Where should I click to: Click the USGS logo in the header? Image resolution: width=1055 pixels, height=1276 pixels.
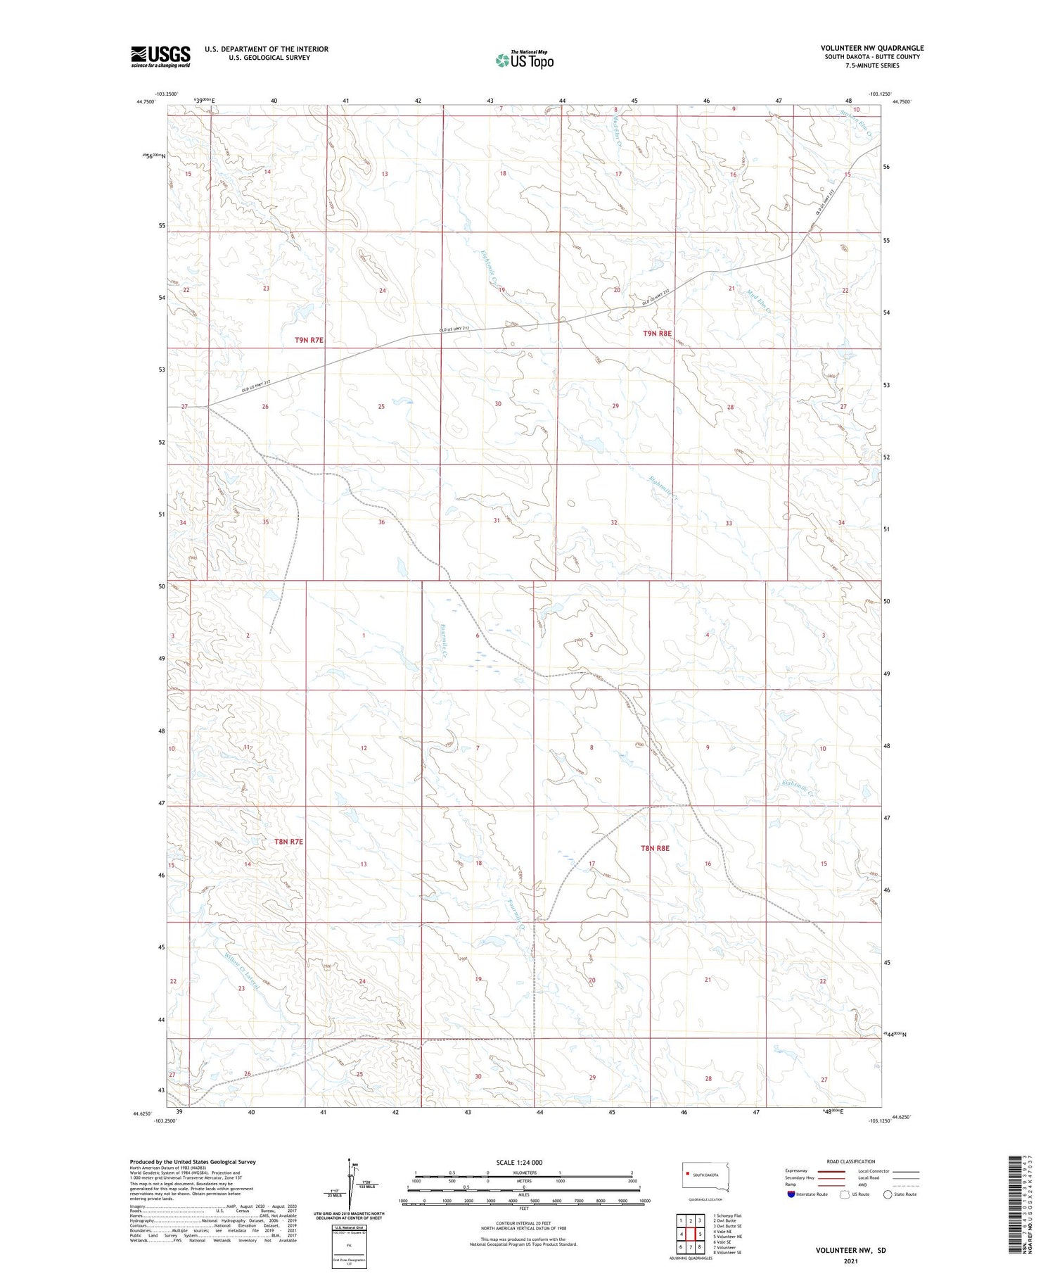pyautogui.click(x=160, y=56)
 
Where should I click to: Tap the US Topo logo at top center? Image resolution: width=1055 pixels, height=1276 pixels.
pyautogui.click(x=525, y=61)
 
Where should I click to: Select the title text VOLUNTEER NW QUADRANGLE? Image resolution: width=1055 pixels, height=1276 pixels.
pyautogui.click(x=872, y=48)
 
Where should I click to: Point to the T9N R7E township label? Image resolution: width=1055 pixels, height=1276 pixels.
pyautogui.click(x=309, y=340)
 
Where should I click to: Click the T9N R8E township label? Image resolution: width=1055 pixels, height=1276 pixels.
pyautogui.click(x=657, y=334)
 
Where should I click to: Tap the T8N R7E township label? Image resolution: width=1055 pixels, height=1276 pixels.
pyautogui.click(x=288, y=842)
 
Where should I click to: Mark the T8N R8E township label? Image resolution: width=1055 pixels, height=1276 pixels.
pyautogui.click(x=654, y=849)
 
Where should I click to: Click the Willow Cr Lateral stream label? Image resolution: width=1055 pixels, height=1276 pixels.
pyautogui.click(x=242, y=972)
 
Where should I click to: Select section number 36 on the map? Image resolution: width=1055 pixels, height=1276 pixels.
pyautogui.click(x=381, y=522)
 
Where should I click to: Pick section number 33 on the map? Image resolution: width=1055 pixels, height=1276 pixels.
pyautogui.click(x=729, y=523)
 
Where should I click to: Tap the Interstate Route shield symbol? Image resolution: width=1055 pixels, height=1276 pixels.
pyautogui.click(x=791, y=1194)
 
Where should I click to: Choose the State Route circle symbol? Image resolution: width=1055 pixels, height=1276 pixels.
pyautogui.click(x=888, y=1194)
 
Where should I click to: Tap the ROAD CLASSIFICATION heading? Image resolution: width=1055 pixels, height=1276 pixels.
pyautogui.click(x=851, y=1161)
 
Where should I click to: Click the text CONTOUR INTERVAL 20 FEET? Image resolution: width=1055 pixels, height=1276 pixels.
pyautogui.click(x=523, y=1224)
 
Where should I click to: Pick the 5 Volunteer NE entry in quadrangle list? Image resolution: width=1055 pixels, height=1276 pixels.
pyautogui.click(x=728, y=1236)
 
